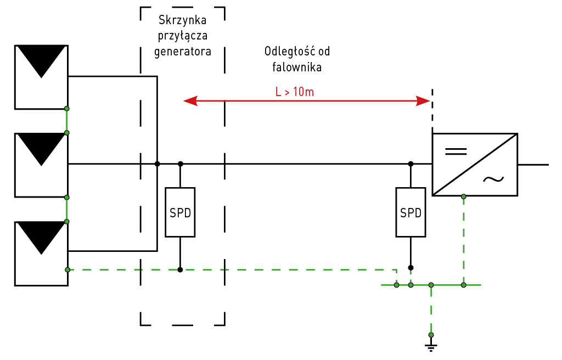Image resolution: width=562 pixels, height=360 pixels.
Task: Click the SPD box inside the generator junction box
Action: (x=180, y=212)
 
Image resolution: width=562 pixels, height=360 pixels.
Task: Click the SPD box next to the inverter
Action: (x=411, y=212)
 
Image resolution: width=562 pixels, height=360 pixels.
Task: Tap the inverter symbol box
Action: (x=475, y=164)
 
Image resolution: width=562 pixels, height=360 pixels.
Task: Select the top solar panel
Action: (x=41, y=77)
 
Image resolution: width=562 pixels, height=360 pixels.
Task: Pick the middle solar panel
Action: (x=41, y=165)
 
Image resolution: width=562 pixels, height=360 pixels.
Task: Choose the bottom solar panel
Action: (x=41, y=253)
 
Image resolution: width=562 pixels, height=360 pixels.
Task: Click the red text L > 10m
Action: (x=295, y=92)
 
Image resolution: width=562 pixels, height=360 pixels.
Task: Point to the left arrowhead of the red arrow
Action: (x=190, y=101)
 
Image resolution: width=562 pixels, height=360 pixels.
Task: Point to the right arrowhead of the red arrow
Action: (x=423, y=101)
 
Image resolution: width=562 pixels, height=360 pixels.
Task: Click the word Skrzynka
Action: (x=182, y=21)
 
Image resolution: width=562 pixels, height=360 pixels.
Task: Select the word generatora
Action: (x=182, y=52)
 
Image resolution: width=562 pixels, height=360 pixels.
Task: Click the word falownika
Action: (x=297, y=67)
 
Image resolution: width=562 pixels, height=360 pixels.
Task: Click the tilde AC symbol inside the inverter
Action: (x=493, y=179)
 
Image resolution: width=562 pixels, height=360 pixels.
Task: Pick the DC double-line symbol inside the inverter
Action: (x=456, y=151)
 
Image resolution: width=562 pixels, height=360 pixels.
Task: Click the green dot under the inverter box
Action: (x=464, y=196)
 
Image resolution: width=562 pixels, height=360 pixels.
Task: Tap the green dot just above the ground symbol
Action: (x=431, y=335)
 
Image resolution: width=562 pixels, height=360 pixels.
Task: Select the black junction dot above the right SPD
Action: (x=411, y=164)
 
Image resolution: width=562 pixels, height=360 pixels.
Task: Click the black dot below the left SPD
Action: (x=180, y=269)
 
